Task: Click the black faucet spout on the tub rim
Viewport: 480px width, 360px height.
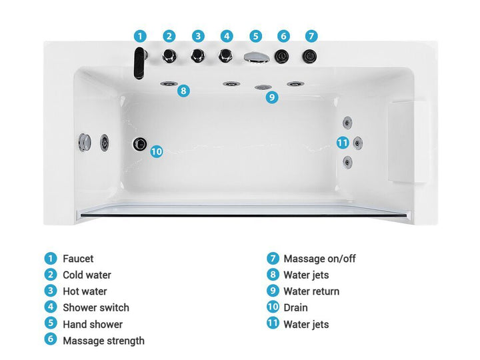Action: click(139, 63)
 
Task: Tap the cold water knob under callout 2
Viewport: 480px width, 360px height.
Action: click(169, 56)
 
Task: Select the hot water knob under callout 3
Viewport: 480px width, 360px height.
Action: click(198, 56)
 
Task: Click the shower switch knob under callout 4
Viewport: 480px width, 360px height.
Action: click(225, 56)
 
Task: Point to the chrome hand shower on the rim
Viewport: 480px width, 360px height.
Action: click(257, 57)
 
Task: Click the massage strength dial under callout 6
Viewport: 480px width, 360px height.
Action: click(281, 56)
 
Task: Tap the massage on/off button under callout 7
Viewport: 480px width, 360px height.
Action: click(309, 56)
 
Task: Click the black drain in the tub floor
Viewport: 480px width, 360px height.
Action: click(140, 144)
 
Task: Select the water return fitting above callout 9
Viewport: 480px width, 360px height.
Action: click(263, 87)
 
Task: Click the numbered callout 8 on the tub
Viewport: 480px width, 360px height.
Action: click(183, 91)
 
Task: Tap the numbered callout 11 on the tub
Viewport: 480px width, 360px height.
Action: click(343, 143)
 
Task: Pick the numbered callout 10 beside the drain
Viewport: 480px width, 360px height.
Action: click(157, 151)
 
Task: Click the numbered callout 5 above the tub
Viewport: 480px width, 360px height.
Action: click(255, 37)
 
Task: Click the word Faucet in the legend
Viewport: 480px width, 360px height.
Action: click(78, 259)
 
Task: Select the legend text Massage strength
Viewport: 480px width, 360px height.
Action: click(104, 341)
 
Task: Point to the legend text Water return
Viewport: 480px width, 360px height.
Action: click(311, 291)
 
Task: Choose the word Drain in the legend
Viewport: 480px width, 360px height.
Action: click(296, 307)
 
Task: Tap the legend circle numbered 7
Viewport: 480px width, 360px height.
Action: click(273, 259)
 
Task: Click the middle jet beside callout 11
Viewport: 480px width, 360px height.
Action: click(357, 143)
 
